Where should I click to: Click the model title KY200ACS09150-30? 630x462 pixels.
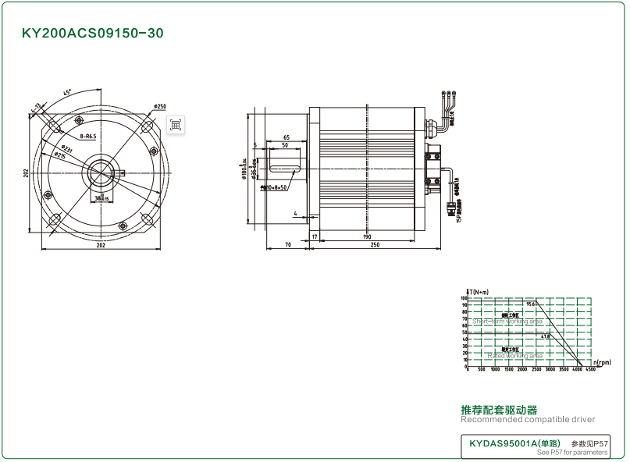click(92, 34)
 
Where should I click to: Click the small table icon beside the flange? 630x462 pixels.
click(176, 124)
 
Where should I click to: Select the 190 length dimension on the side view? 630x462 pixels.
click(366, 236)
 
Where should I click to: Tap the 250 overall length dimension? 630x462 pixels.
click(375, 245)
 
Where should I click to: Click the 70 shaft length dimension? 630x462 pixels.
click(287, 245)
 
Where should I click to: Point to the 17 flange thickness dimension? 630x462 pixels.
click(315, 236)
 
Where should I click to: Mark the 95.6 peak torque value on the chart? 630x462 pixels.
click(532, 304)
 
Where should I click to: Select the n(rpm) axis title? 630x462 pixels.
click(601, 363)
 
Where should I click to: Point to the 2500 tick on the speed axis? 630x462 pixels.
click(536, 370)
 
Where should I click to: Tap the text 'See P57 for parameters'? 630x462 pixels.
click(571, 453)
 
